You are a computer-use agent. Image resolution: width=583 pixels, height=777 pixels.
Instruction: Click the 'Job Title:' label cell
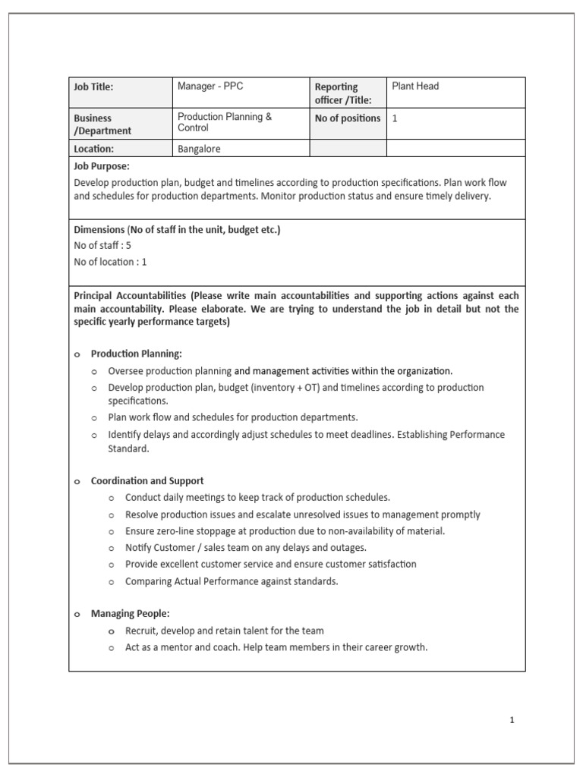(x=93, y=87)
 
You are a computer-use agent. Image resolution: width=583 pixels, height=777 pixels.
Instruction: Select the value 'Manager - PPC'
(x=210, y=87)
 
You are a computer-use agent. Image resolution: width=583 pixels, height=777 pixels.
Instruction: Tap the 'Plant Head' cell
(x=415, y=87)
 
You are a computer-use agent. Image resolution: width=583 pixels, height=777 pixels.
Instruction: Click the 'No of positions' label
(x=348, y=118)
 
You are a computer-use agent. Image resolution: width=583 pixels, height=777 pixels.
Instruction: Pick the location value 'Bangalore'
(x=199, y=149)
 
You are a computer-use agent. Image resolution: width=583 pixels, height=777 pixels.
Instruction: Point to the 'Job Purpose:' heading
(x=102, y=165)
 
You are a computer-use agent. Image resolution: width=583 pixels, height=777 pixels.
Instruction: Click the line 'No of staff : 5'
(x=102, y=245)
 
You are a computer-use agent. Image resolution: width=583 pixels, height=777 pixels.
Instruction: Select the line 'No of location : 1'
(x=110, y=262)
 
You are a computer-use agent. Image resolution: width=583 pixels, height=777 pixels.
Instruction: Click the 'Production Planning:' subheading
(x=137, y=354)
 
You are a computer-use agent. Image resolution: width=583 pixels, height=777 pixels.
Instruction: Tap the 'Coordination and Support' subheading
(x=147, y=481)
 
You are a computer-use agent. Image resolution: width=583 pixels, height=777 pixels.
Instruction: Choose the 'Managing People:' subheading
(x=130, y=614)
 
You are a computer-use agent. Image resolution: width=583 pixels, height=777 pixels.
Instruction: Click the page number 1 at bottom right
(x=512, y=720)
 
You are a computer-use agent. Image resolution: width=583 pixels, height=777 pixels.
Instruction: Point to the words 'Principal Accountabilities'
(x=130, y=295)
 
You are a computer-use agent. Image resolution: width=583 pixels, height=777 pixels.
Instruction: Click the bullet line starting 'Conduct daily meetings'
(x=257, y=498)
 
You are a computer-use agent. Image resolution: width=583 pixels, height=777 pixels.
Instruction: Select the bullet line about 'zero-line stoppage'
(x=285, y=531)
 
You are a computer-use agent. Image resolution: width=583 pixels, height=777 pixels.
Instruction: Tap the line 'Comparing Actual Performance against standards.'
(x=232, y=581)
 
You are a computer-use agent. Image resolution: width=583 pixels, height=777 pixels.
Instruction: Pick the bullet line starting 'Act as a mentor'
(x=276, y=647)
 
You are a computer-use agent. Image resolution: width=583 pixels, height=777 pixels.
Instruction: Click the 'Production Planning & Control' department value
(x=224, y=122)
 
